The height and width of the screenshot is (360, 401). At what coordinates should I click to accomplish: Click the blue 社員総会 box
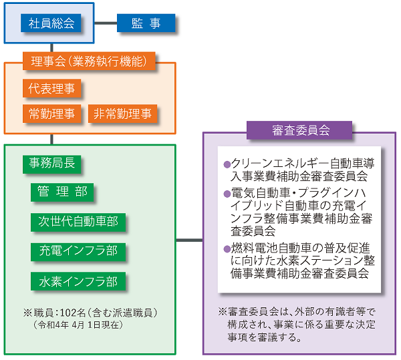[x=51, y=23]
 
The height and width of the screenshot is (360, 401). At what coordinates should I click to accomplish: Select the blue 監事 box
[x=146, y=23]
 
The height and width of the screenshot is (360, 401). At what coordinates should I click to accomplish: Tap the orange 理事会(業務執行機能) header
[x=89, y=61]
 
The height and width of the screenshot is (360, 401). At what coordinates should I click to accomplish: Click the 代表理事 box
[x=52, y=88]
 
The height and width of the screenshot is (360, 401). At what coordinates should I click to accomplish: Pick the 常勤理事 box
[x=52, y=114]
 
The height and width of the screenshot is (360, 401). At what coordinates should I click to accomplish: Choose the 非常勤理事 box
[x=122, y=114]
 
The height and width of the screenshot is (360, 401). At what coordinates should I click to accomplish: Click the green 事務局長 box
[x=52, y=164]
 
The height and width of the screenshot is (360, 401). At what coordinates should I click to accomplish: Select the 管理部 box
[x=62, y=192]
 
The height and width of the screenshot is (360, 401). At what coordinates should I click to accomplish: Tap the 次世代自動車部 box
[x=78, y=222]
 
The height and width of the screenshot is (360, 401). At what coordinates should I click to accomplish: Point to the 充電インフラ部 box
[x=78, y=252]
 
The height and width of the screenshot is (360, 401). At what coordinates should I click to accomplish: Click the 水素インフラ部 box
[x=78, y=281]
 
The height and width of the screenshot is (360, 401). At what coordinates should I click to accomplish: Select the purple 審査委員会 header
[x=299, y=130]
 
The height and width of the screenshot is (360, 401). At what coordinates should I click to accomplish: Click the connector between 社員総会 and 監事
[x=106, y=23]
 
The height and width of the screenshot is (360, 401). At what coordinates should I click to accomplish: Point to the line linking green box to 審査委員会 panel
[x=189, y=240]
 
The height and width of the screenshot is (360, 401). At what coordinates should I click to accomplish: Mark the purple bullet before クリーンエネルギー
[x=227, y=164]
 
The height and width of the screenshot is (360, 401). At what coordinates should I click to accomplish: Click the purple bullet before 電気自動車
[x=227, y=194]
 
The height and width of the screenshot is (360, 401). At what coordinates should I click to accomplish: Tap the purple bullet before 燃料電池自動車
[x=227, y=249]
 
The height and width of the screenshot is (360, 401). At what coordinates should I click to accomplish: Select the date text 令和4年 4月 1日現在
[x=78, y=325]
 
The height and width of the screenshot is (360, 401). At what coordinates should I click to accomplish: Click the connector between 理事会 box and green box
[x=52, y=139]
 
